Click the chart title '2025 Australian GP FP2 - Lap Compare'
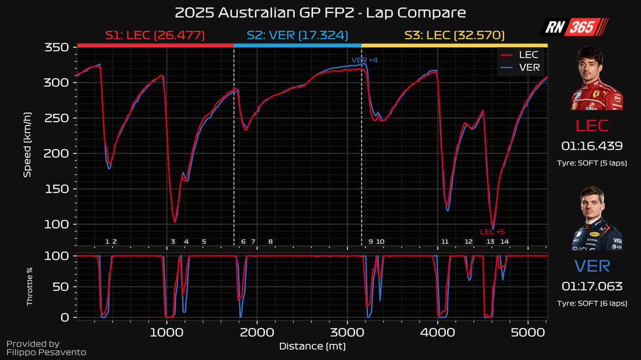click(320, 12)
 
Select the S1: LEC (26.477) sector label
click(155, 35)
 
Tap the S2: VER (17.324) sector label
click(297, 35)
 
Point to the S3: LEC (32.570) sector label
click(454, 35)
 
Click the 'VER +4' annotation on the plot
click(364, 60)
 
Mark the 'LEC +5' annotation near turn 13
click(492, 231)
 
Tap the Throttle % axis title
click(29, 286)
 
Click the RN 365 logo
click(575, 27)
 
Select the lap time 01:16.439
click(592, 146)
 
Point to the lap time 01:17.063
click(592, 286)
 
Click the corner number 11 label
click(445, 242)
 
